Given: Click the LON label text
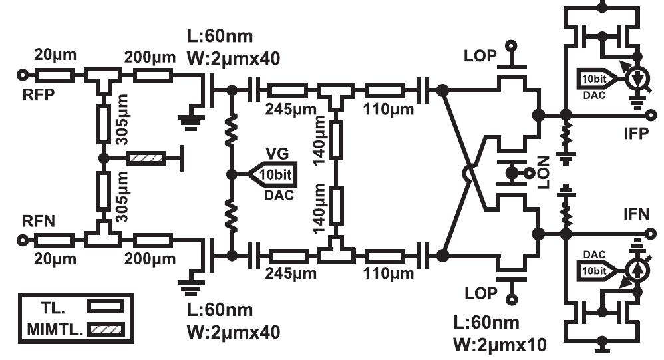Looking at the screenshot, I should point(544,172).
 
